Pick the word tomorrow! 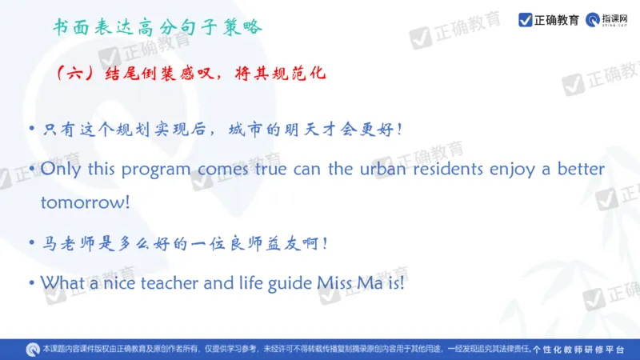[x=85, y=202]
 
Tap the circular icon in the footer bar [x=32, y=349]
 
